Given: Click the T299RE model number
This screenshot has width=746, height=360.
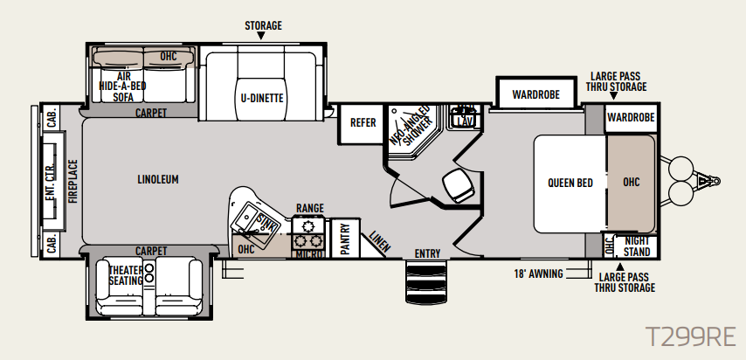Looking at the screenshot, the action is pyautogui.click(x=690, y=337).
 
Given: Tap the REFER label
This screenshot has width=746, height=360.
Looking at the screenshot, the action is pyautogui.click(x=363, y=122).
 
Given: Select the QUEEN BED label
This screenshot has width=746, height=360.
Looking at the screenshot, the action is pyautogui.click(x=570, y=183).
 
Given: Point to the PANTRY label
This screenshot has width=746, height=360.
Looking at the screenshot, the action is pyautogui.click(x=345, y=239).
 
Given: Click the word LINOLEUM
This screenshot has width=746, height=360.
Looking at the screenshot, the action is pyautogui.click(x=158, y=179).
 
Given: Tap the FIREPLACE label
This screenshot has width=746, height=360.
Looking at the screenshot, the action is pyautogui.click(x=73, y=182).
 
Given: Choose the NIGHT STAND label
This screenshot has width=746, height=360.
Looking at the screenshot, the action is pyautogui.click(x=637, y=246).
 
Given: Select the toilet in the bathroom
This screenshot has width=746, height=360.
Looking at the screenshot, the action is pyautogui.click(x=459, y=184).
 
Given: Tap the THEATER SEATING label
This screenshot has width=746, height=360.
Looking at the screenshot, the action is pyautogui.click(x=126, y=276).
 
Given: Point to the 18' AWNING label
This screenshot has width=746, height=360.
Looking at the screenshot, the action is pyautogui.click(x=538, y=273).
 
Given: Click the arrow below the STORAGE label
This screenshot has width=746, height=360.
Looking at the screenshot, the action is pyautogui.click(x=260, y=36).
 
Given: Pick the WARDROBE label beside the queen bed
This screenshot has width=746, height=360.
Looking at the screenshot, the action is pyautogui.click(x=631, y=117).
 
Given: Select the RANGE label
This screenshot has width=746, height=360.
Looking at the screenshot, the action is pyautogui.click(x=310, y=208).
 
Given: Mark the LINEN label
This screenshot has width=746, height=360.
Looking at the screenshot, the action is pyautogui.click(x=380, y=242).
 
